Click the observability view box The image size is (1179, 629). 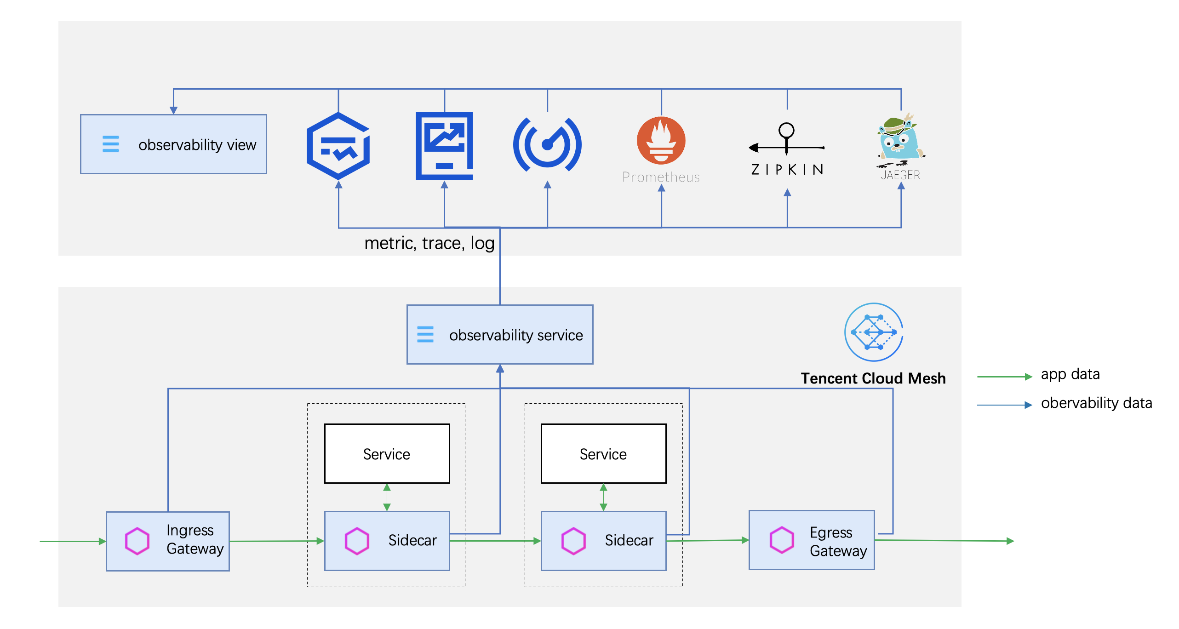(173, 144)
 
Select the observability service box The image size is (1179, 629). (500, 334)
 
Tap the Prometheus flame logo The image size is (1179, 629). (661, 140)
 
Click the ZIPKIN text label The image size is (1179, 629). (787, 170)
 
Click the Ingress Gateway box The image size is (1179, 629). (168, 541)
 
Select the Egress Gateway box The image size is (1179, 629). (812, 540)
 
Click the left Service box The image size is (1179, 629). (387, 453)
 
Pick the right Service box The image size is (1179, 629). (603, 453)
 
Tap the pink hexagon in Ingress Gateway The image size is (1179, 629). (137, 541)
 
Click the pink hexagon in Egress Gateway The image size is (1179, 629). (782, 540)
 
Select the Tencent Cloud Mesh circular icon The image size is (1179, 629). (874, 332)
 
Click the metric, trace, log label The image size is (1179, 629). (429, 243)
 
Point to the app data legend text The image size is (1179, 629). (1070, 374)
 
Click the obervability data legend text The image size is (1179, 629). (1096, 403)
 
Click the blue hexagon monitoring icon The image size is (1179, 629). (338, 146)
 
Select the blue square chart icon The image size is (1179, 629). (444, 146)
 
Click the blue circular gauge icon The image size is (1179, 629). (547, 145)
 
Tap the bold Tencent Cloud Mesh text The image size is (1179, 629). (873, 378)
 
